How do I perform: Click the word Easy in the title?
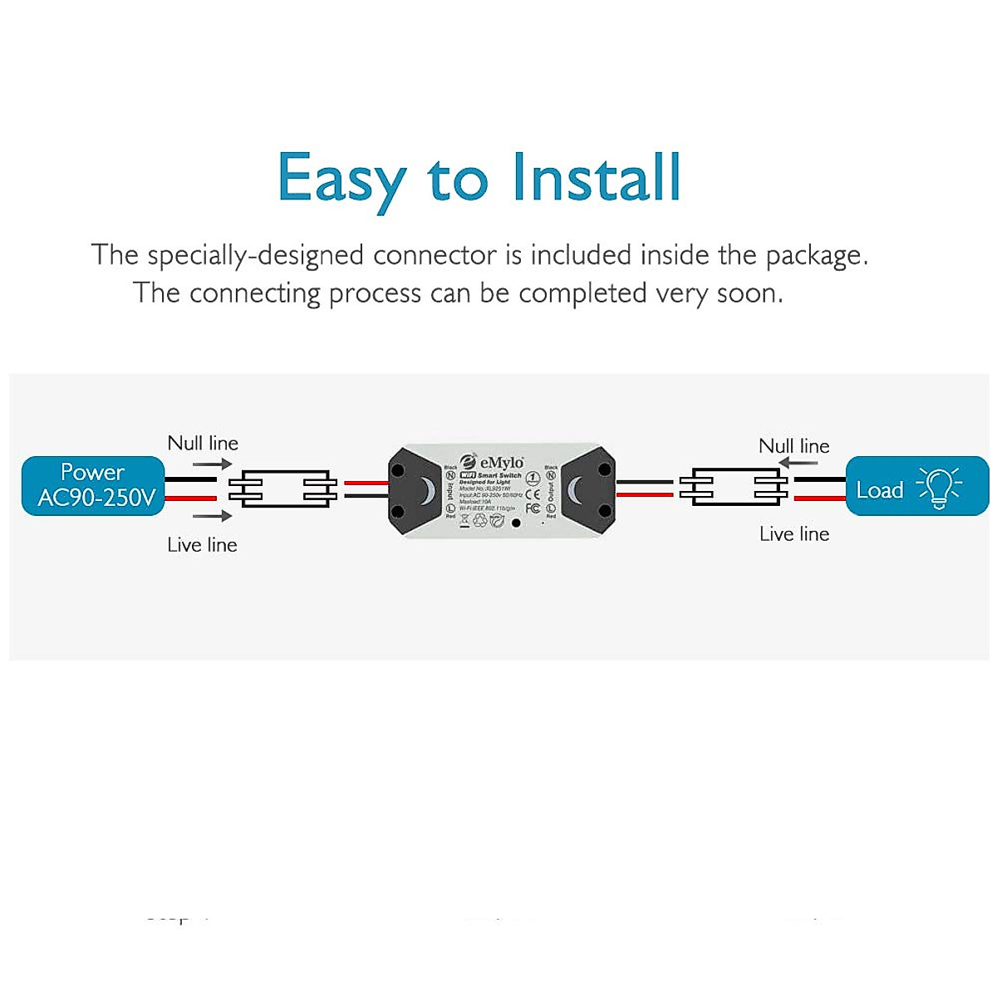coord(341,179)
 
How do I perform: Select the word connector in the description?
coord(435,255)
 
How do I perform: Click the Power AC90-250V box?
coord(93,485)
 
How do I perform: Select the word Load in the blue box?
coord(880,490)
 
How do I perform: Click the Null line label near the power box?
coord(203,443)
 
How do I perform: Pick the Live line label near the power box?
coord(202,545)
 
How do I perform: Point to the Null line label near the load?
coord(794,446)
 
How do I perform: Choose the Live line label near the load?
coord(794,534)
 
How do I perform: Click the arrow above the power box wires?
coord(213,464)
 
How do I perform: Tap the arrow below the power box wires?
coord(213,516)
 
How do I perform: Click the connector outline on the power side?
coord(282,488)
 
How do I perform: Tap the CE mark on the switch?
coord(533,496)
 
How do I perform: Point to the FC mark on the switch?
coord(533,508)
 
